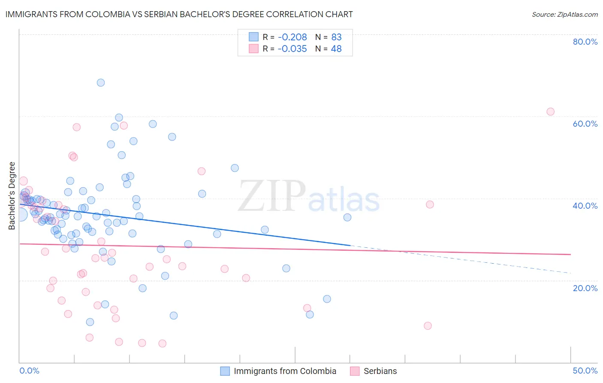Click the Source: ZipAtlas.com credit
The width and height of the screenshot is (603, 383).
[564, 14]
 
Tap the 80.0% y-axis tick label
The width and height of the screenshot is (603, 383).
[585, 42]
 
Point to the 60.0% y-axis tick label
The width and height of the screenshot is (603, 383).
[585, 124]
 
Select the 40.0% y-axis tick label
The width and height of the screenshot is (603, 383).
[585, 206]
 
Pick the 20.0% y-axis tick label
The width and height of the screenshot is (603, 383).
[585, 288]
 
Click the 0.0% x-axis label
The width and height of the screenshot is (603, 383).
[29, 371]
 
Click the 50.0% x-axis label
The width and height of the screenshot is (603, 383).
[585, 371]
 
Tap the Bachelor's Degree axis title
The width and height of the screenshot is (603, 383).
[12, 196]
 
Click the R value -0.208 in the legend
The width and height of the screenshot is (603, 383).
[292, 37]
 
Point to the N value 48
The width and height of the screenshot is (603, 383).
[336, 49]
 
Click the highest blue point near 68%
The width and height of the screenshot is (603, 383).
[101, 82]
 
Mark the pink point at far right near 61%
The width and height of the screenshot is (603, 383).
[550, 112]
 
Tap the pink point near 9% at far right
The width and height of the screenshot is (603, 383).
[428, 326]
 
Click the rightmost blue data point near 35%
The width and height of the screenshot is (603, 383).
[347, 217]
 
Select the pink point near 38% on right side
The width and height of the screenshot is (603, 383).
[430, 204]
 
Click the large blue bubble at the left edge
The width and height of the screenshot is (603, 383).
[21, 215]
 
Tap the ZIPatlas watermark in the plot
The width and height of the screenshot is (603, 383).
[309, 197]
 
